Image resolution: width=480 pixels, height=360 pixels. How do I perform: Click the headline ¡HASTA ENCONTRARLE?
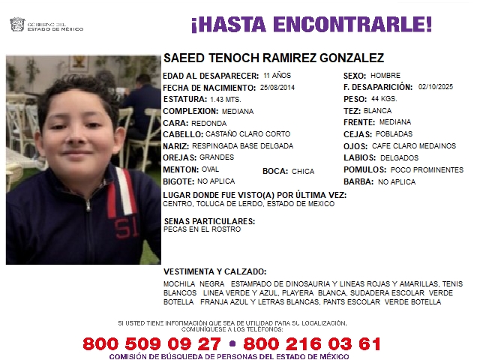pyautogui.click(x=311, y=25)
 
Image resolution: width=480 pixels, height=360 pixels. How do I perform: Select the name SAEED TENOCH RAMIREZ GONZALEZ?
pyautogui.click(x=274, y=58)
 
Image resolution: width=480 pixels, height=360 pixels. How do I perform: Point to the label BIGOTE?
pyautogui.click(x=178, y=181)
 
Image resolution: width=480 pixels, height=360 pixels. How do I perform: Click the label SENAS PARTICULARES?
pyautogui.click(x=208, y=221)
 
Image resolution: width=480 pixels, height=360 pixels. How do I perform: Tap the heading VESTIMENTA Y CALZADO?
pyautogui.click(x=214, y=271)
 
